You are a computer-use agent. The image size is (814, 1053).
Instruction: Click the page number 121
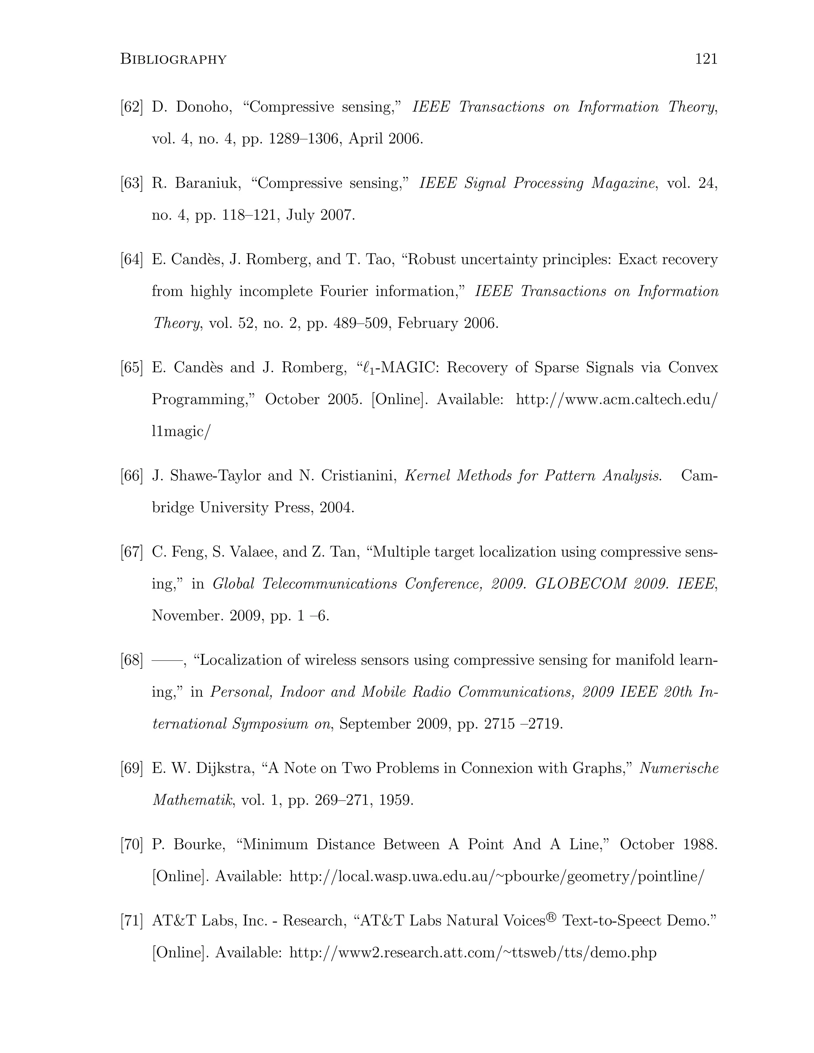pyautogui.click(x=706, y=59)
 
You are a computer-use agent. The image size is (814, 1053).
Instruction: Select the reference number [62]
pyautogui.click(x=132, y=107)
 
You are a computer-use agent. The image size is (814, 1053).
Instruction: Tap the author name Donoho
pyautogui.click(x=203, y=107)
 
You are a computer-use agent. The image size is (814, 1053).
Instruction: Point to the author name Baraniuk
pyautogui.click(x=208, y=183)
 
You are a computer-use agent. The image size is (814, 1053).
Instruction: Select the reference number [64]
pyautogui.click(x=132, y=259)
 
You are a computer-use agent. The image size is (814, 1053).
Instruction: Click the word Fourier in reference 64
pyautogui.click(x=344, y=291)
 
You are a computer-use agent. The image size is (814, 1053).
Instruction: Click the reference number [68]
pyautogui.click(x=132, y=660)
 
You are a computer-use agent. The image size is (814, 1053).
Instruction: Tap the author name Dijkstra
pyautogui.click(x=225, y=768)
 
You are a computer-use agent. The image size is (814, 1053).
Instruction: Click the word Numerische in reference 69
pyautogui.click(x=679, y=768)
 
